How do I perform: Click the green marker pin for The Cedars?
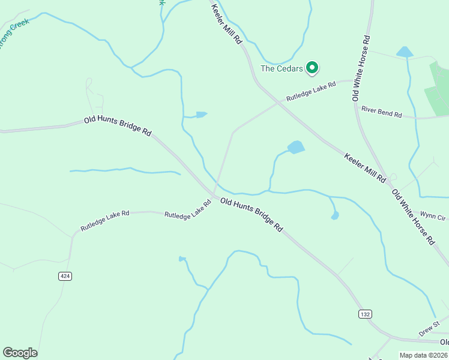312,67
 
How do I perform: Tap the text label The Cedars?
282,68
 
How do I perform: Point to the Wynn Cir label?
433,215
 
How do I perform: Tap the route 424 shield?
65,276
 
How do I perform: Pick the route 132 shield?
364,314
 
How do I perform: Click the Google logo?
20,353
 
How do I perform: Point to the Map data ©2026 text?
423,355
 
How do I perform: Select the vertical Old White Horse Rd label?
361,67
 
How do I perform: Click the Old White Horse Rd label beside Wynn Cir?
413,217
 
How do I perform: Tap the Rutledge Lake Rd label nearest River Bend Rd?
310,91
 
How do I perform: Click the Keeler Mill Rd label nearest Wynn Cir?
364,167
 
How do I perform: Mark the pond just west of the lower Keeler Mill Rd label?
296,147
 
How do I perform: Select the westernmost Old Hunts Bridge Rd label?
118,127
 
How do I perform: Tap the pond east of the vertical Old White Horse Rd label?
405,52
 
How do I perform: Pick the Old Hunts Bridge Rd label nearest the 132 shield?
251,214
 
